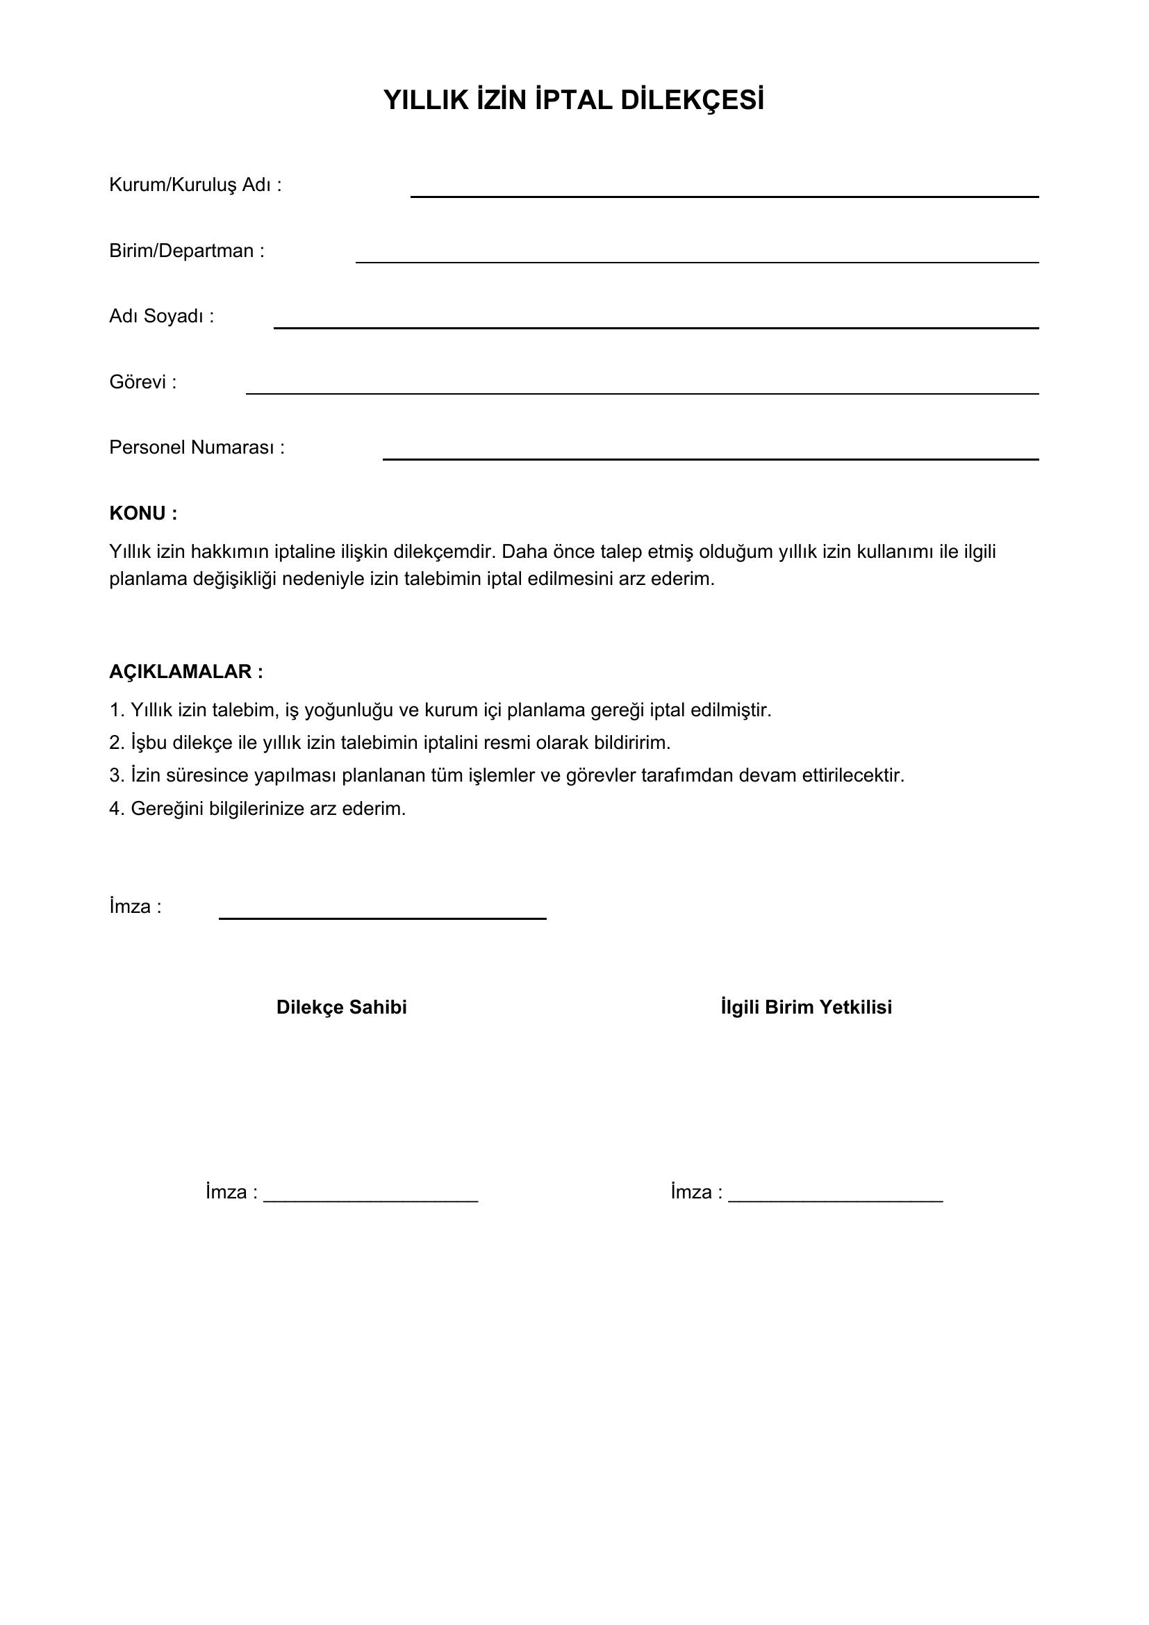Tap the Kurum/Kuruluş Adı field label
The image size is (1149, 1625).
195,185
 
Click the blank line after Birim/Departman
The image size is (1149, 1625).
696,261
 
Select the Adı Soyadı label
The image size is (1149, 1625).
161,315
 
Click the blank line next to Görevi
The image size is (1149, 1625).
642,392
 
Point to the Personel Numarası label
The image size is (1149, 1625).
197,447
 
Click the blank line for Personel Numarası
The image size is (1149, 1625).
711,459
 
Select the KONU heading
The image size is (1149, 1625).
143,513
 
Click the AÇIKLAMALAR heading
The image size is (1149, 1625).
186,672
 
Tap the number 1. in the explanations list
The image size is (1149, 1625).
117,710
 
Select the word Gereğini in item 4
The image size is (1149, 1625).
167,808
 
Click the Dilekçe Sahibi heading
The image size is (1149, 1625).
342,1007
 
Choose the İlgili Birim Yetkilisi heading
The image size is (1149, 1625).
806,1007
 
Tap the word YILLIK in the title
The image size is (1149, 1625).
426,101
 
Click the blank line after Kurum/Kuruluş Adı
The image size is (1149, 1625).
725,195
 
